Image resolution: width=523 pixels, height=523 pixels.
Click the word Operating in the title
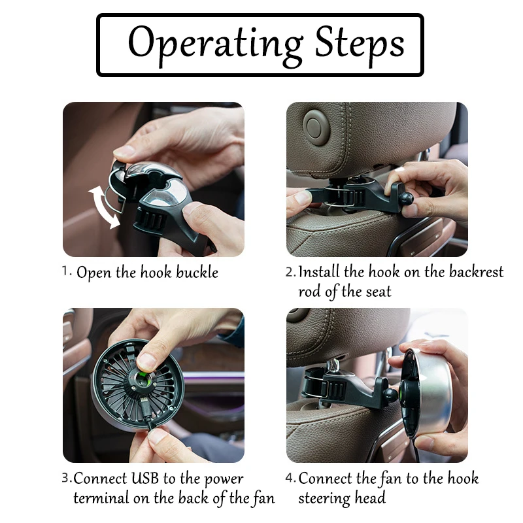point(216,44)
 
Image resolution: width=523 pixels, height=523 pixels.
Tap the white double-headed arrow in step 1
point(104,207)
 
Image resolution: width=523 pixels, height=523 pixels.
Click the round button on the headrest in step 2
point(316,127)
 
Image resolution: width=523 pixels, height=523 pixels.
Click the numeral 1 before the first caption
point(67,271)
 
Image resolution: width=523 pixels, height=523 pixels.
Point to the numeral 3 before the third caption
point(67,478)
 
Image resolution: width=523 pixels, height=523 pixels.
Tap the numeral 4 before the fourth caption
point(290,478)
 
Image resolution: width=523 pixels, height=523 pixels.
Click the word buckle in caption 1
point(197,272)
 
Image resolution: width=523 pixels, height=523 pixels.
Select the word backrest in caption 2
point(476,271)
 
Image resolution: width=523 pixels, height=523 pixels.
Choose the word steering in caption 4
point(324,499)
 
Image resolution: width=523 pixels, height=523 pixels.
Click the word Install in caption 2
point(319,271)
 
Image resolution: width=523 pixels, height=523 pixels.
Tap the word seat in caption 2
point(379,292)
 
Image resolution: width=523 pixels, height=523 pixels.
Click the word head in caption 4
point(369,498)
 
